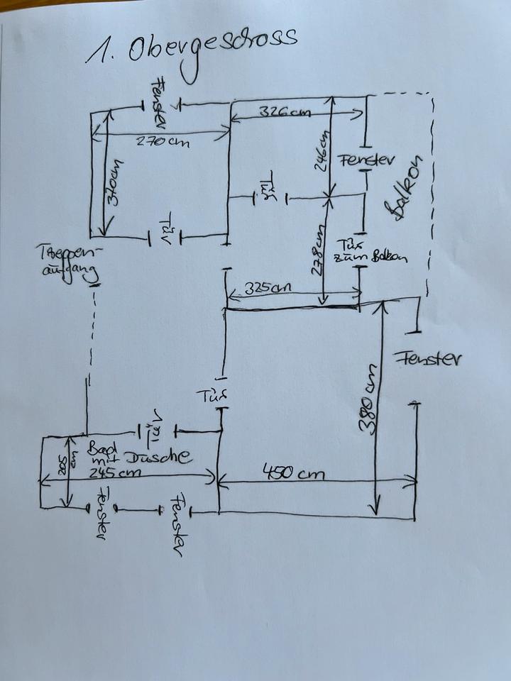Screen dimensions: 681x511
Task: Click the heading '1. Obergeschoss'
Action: (x=192, y=50)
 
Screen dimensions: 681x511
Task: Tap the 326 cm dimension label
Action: (x=285, y=112)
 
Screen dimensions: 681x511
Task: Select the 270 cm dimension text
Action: (x=164, y=141)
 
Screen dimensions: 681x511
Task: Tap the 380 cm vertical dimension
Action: (x=369, y=404)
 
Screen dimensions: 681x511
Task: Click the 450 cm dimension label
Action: (x=295, y=472)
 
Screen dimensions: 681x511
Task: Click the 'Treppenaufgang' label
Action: (x=72, y=263)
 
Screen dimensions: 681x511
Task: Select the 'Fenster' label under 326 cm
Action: (x=366, y=160)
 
